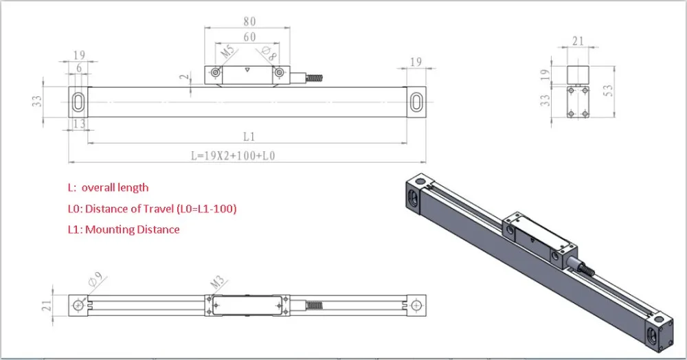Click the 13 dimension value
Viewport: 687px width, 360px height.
tap(78, 124)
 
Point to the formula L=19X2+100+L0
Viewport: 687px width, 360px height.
tap(233, 155)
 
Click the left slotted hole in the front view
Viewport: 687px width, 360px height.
tap(78, 102)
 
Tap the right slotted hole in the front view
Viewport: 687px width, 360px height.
tap(416, 102)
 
